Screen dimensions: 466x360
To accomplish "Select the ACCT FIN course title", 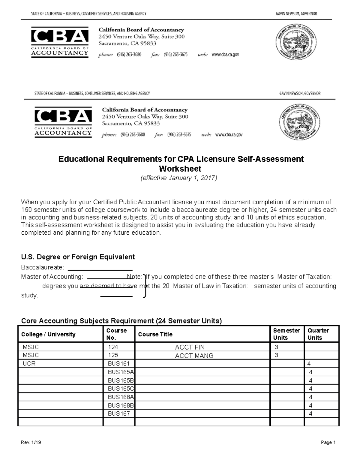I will point(190,347).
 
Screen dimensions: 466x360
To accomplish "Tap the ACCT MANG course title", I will point(194,356).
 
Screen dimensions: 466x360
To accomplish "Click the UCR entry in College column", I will point(29,364).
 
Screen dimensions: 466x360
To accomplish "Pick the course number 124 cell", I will point(113,347).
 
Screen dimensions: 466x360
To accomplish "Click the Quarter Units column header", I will point(318,334).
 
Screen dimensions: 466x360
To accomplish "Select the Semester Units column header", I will point(286,334).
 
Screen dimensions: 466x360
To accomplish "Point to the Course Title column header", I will point(155,334).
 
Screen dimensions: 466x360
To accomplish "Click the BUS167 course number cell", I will point(119,413).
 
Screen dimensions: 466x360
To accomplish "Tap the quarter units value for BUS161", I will point(309,364).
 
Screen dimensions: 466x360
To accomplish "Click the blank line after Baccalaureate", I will point(100,268).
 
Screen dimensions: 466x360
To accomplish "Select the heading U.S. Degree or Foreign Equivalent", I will point(78,257).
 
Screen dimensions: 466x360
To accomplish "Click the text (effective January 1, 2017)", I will point(179,178).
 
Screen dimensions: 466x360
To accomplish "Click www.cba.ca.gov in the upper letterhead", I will point(225,55).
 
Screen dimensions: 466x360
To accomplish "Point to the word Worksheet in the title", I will point(180,169).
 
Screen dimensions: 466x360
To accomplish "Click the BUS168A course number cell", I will point(121,397).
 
